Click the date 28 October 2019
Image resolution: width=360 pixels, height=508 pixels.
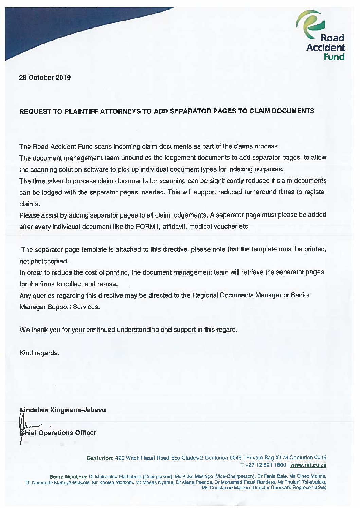(45, 78)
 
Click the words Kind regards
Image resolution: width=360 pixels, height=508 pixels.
(39, 353)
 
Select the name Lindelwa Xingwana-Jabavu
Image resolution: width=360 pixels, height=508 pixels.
(63, 410)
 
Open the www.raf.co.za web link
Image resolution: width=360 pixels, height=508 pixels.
(308, 465)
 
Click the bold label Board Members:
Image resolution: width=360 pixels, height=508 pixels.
(69, 477)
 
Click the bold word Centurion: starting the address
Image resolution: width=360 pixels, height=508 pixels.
(100, 458)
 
